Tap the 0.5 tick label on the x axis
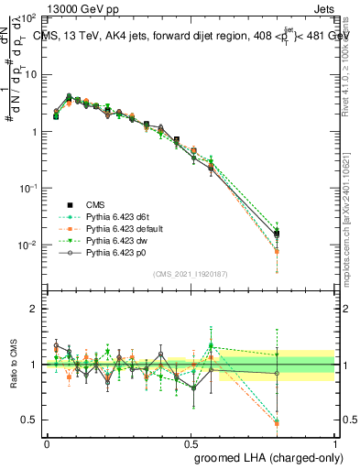191,442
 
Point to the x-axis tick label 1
335,442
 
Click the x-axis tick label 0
47,442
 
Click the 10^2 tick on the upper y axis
28,18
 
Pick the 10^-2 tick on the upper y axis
28,245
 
